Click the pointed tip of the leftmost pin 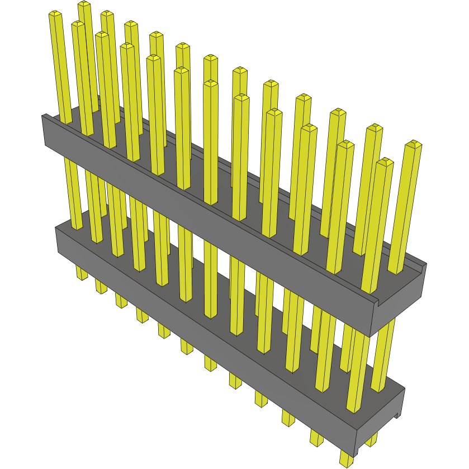pos(55,13)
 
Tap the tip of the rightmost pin pos(413,144)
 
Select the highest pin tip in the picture pos(84,4)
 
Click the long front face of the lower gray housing pos(201,335)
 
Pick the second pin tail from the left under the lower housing pos(101,287)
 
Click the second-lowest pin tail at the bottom pos(316,438)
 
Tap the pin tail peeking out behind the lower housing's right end pos(372,442)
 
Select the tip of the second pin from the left pos(78,25)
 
